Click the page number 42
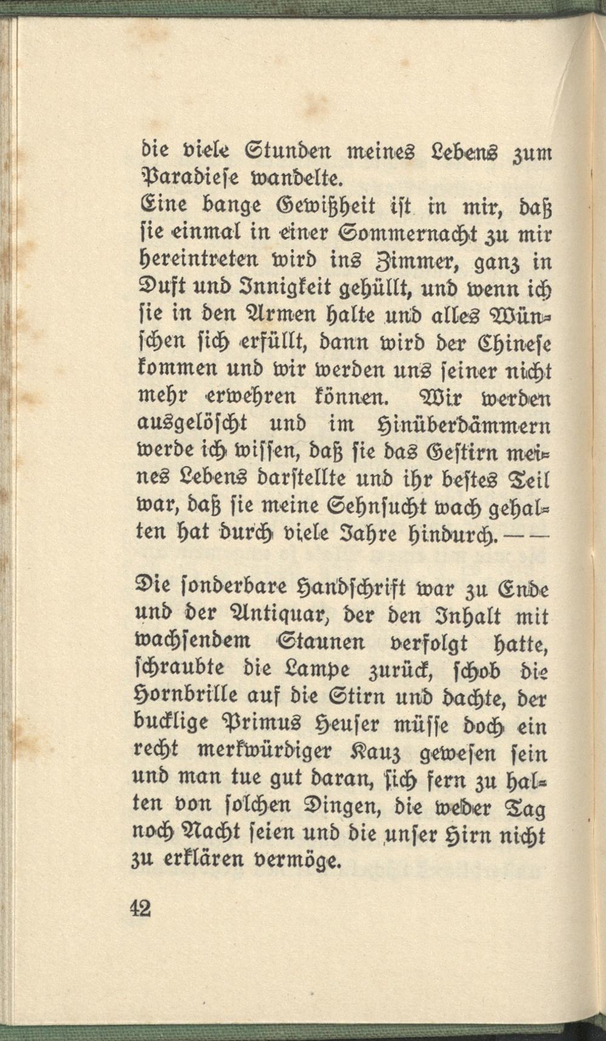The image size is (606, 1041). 140,908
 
